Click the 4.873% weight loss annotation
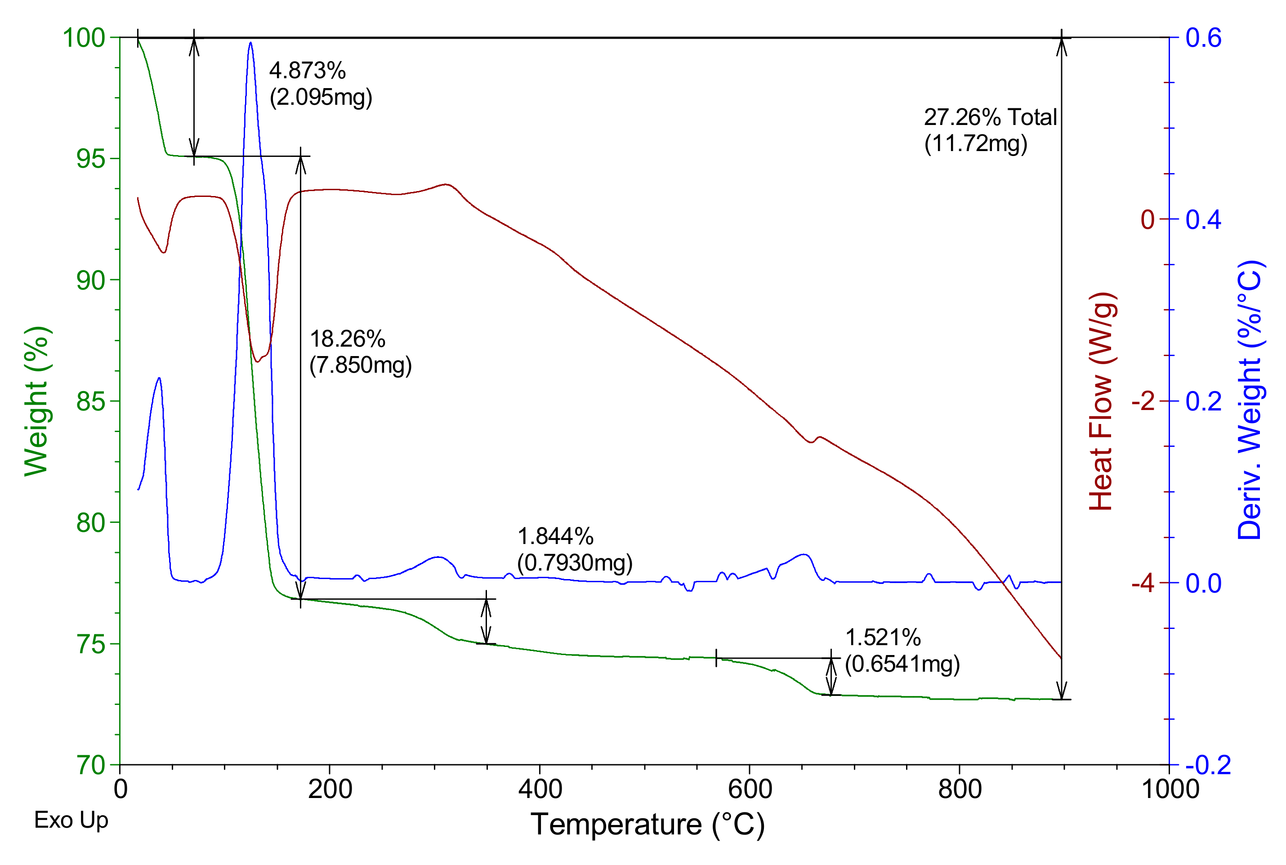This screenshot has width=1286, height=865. click(307, 71)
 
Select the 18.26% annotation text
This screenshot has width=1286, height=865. click(347, 339)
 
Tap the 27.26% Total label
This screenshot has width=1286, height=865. click(990, 117)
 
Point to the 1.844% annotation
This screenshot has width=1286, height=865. click(555, 536)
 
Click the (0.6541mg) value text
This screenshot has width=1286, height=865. click(902, 664)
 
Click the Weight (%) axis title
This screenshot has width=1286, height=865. click(37, 401)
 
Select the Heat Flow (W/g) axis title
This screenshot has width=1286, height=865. click(1102, 401)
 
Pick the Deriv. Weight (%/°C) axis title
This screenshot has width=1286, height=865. click(1250, 401)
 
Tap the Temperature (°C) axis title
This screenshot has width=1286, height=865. click(647, 825)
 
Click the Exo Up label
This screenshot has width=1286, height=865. click(71, 820)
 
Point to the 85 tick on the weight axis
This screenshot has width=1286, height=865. click(90, 401)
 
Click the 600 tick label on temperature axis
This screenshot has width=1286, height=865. click(750, 789)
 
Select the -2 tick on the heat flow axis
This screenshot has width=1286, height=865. click(1143, 401)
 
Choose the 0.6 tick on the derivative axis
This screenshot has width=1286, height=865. click(1204, 38)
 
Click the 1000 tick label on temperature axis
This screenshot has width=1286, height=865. click(1169, 789)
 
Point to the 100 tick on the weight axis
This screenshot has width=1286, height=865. click(84, 38)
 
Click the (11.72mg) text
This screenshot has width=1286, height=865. click(975, 143)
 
